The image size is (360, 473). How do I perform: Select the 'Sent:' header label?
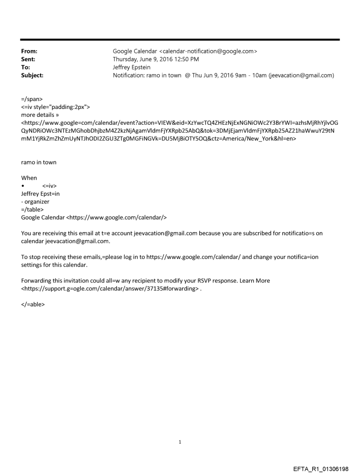pos(28,59)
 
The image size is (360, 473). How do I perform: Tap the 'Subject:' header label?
pos(32,75)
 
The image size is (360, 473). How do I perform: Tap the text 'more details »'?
pos(39,115)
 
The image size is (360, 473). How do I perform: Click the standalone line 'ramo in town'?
pos(39,162)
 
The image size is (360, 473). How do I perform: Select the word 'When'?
pos(29,178)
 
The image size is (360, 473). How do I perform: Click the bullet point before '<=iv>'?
pos(23,186)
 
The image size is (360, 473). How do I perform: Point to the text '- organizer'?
pos(35,201)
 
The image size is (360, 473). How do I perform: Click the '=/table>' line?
pos(32,209)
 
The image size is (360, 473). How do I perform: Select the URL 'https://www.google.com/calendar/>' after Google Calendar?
pos(118,217)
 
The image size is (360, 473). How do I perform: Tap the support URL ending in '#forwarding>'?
pos(110,289)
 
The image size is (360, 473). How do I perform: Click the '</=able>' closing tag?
pos(33,304)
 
